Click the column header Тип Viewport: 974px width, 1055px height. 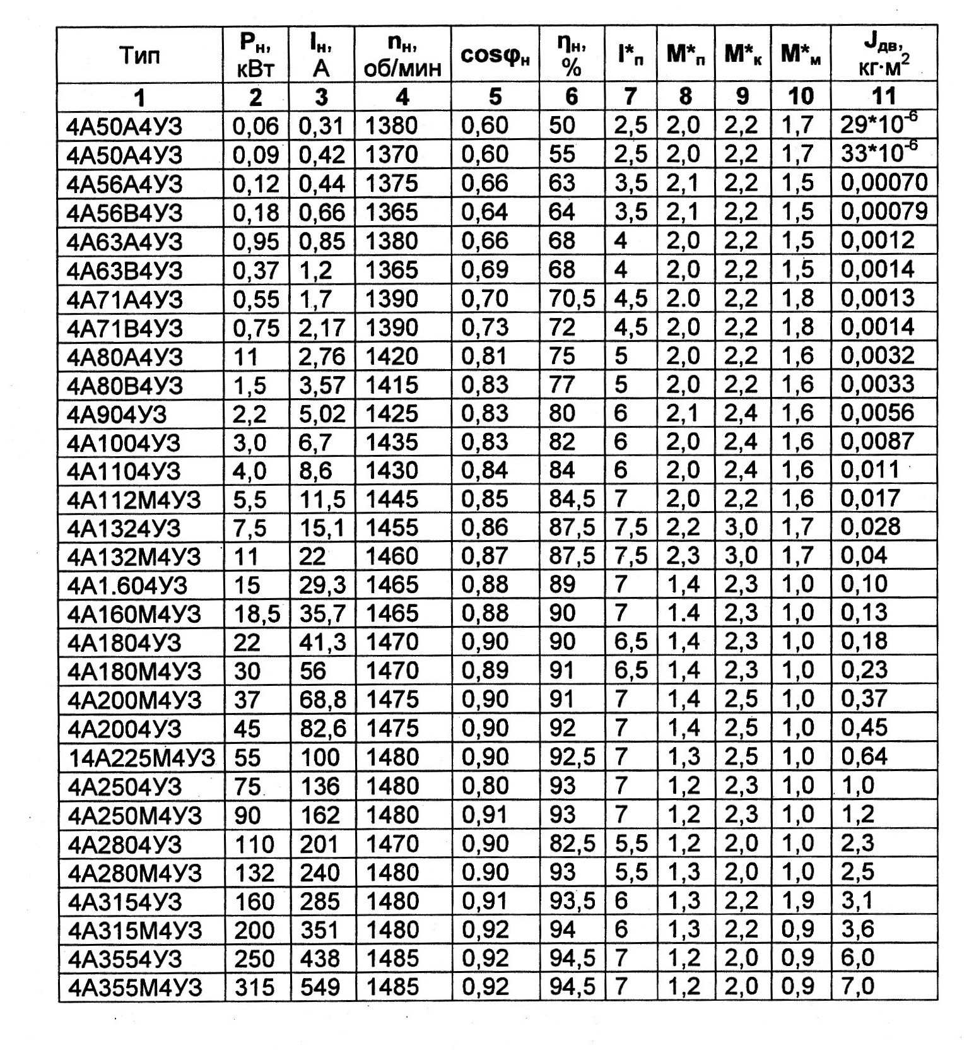[140, 56]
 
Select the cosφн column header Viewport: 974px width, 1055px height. [495, 56]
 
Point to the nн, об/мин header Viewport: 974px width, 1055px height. [402, 56]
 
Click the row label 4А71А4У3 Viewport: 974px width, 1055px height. [124, 299]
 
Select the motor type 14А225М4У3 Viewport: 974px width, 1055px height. [141, 757]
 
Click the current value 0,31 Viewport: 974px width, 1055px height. [320, 126]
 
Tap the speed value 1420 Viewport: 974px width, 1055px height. [392, 357]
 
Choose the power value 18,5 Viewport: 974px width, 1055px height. [255, 614]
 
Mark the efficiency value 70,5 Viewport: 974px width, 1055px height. [572, 298]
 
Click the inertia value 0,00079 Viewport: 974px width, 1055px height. [884, 211]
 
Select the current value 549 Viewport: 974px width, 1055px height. [320, 987]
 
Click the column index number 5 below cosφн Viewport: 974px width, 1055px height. [495, 97]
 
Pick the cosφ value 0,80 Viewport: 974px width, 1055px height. [484, 786]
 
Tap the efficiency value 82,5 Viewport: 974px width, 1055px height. [572, 844]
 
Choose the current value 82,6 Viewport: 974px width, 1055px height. [322, 729]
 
